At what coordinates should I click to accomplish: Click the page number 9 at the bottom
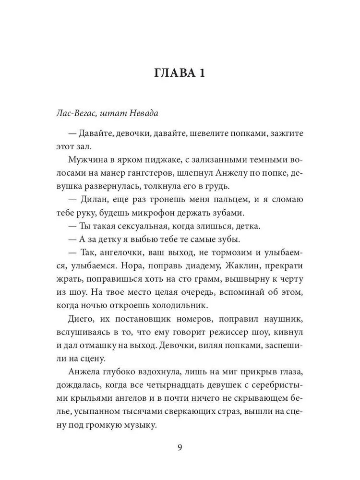pos(180,448)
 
